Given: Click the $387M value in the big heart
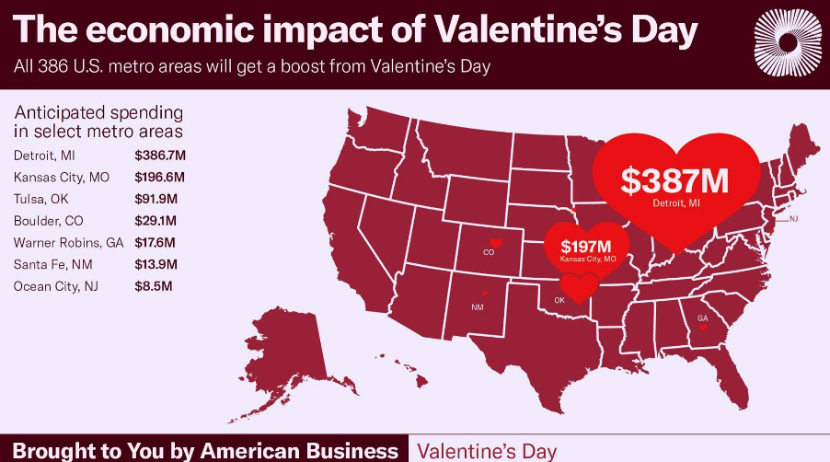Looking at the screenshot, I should [674, 180].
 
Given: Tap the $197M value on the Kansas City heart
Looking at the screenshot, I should [586, 246].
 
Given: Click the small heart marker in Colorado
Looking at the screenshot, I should [496, 242].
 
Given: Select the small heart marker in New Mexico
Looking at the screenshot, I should [486, 295].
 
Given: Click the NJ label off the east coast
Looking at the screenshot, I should [793, 219].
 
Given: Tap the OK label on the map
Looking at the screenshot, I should [559, 300].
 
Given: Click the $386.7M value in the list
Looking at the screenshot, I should [160, 156].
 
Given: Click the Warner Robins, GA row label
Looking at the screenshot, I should [68, 243].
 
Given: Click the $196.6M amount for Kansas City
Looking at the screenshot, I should [160, 177].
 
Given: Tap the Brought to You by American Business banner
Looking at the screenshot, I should [206, 450].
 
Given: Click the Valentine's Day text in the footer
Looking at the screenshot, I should [487, 450].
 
